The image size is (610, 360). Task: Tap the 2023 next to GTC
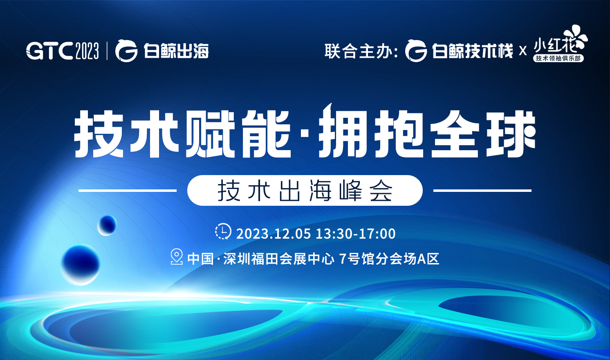pos(87,51)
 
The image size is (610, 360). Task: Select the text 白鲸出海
pos(176,51)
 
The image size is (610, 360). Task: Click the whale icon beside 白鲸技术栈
pos(416,51)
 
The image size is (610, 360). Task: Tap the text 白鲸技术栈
pos(472,52)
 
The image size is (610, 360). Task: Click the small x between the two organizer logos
pos(523,52)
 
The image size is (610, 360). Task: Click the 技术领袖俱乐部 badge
pos(558,59)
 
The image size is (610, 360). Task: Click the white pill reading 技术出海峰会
pos(305,191)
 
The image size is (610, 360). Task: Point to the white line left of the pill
pos(127,190)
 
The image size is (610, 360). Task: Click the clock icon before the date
pos(223,232)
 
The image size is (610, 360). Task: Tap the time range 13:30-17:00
pos(356,234)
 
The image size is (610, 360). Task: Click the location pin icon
pos(176,256)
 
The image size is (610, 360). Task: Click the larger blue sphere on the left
pos(80,264)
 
